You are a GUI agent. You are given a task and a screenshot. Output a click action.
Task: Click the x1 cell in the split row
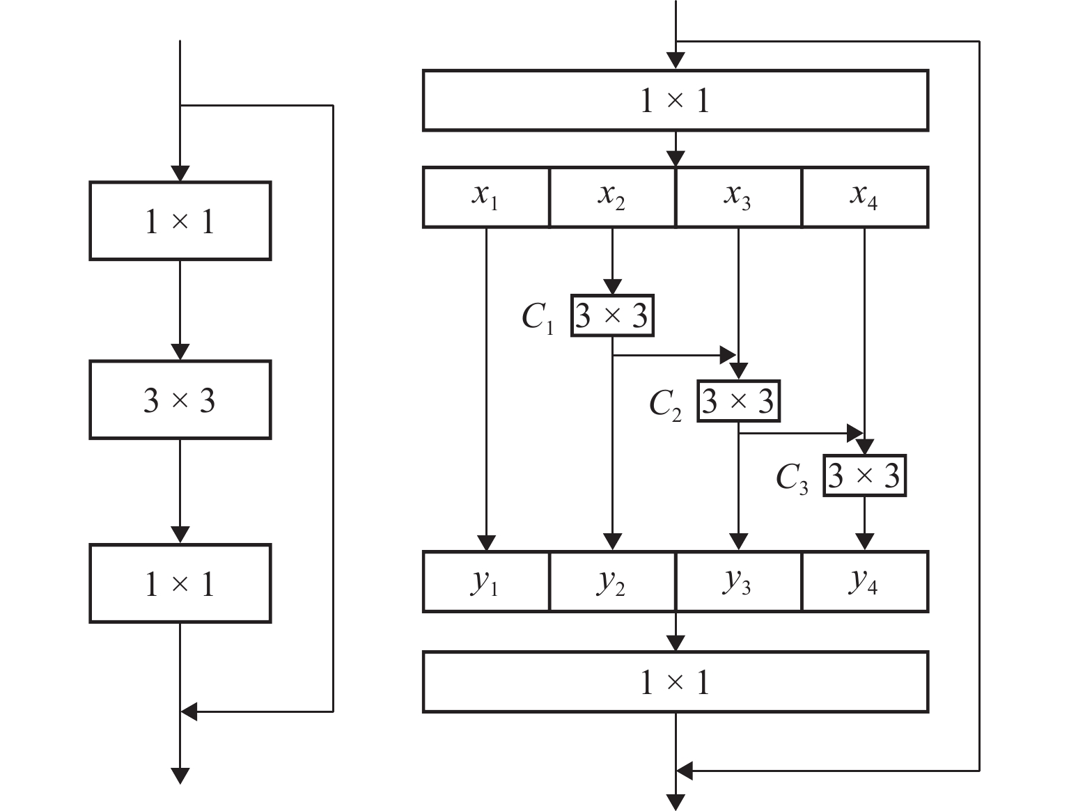pyautogui.click(x=485, y=197)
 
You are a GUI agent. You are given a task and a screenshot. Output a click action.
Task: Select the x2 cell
pyautogui.click(x=611, y=197)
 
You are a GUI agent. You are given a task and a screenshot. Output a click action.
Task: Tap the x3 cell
pyautogui.click(x=738, y=197)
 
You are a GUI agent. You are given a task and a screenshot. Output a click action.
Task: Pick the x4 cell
pyautogui.click(x=864, y=197)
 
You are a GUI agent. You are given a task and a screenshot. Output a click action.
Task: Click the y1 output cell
pyautogui.click(x=485, y=582)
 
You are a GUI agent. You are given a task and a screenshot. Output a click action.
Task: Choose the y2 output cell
pyautogui.click(x=611, y=582)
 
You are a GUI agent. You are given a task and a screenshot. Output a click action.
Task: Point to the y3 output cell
pyautogui.click(x=738, y=582)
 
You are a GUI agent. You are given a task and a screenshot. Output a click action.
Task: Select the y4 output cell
pyautogui.click(x=864, y=582)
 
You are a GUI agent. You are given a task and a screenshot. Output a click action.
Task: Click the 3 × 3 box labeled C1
pyautogui.click(x=612, y=316)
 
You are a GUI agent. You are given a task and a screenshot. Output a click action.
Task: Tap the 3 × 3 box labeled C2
pyautogui.click(x=738, y=401)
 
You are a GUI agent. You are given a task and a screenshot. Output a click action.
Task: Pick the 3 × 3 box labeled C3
pyautogui.click(x=864, y=475)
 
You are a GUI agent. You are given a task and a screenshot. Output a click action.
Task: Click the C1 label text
pyautogui.click(x=538, y=318)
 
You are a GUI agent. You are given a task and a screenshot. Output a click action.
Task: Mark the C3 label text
pyautogui.click(x=792, y=478)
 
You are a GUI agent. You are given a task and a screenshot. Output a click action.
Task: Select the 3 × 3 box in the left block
pyautogui.click(x=180, y=400)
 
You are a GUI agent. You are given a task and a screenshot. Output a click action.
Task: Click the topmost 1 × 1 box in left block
pyautogui.click(x=180, y=221)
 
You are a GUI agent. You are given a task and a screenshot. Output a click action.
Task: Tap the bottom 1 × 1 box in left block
pyautogui.click(x=180, y=583)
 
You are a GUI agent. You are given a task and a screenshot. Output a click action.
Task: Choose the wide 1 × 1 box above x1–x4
pyautogui.click(x=675, y=100)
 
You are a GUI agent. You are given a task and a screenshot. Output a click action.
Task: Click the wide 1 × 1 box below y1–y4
pyautogui.click(x=675, y=682)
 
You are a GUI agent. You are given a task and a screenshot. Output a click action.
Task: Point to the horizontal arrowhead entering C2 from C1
pyautogui.click(x=728, y=356)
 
